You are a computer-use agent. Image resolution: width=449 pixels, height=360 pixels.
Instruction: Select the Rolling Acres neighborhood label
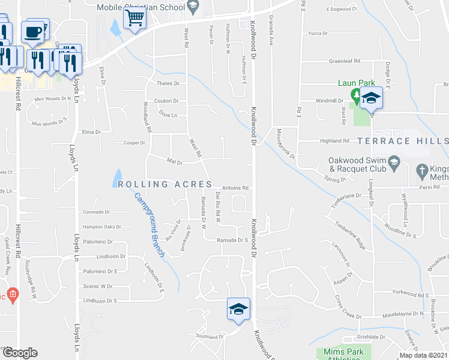pos(164,184)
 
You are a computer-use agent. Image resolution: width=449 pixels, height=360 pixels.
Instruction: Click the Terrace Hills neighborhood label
pos(403,141)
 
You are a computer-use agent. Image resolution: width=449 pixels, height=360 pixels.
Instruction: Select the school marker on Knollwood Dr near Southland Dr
pos(238,308)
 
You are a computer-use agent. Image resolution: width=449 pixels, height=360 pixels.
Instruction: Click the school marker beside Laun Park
pos(371,98)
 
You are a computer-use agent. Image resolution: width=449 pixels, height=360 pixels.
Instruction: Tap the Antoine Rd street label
pos(235,188)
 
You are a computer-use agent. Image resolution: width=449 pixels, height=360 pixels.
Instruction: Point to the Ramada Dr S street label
pos(232,240)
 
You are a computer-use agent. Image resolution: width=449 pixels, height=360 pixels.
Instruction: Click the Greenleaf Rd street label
pos(344,61)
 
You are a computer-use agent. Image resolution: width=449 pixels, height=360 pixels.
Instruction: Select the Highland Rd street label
pos(334,140)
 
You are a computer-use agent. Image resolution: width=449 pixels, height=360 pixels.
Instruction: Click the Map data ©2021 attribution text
pos(422,355)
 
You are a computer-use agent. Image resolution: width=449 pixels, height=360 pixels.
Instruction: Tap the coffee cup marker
pos(33,30)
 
